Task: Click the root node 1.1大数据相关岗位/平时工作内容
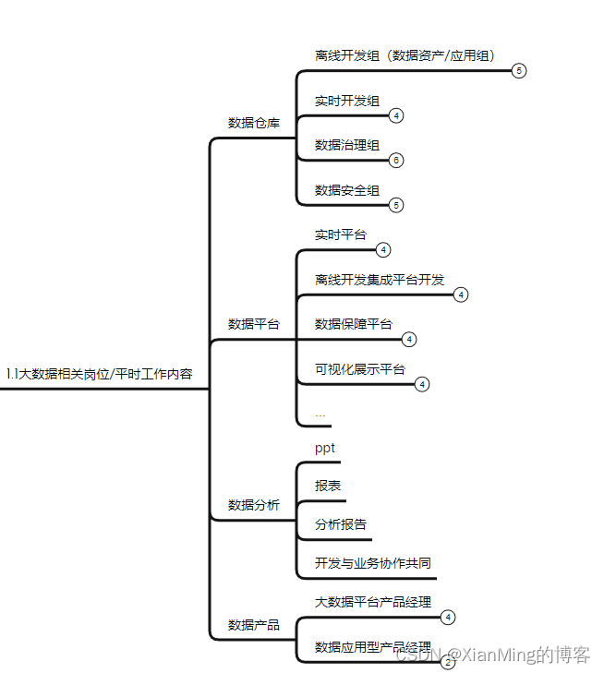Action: point(99,373)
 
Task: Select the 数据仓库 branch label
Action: point(254,122)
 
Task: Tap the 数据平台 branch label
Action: point(254,324)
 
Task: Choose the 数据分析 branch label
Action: point(254,505)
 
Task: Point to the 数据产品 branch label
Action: point(254,625)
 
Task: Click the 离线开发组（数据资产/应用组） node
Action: point(405,55)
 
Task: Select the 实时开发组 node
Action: point(347,100)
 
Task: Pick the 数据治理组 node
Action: point(347,145)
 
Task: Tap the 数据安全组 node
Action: point(347,190)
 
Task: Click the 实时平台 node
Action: point(340,235)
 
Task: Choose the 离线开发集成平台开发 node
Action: point(380,280)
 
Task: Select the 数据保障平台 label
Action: point(354,324)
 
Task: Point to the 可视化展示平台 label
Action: point(360,369)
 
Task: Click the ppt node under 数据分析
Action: point(325,449)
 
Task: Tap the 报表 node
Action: point(328,486)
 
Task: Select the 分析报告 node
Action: point(341,524)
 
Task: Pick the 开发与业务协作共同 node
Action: point(373,563)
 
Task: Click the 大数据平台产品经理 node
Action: point(373,602)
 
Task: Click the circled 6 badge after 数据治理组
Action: point(396,161)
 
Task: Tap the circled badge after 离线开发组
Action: point(519,71)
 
